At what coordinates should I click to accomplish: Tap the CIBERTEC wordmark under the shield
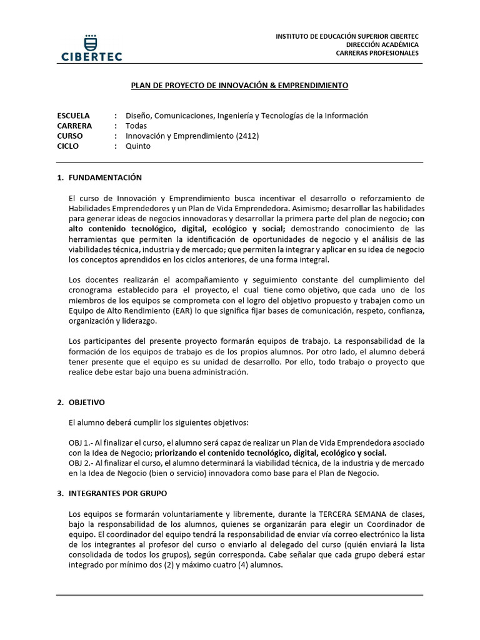(91, 56)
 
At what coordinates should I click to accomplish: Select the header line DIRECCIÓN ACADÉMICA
(383, 45)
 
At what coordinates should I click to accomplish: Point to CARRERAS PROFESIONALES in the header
(377, 53)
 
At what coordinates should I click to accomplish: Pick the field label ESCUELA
(73, 116)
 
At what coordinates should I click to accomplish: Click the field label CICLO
(69, 146)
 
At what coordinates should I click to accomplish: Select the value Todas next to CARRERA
(136, 126)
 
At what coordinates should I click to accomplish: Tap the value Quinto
(138, 146)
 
